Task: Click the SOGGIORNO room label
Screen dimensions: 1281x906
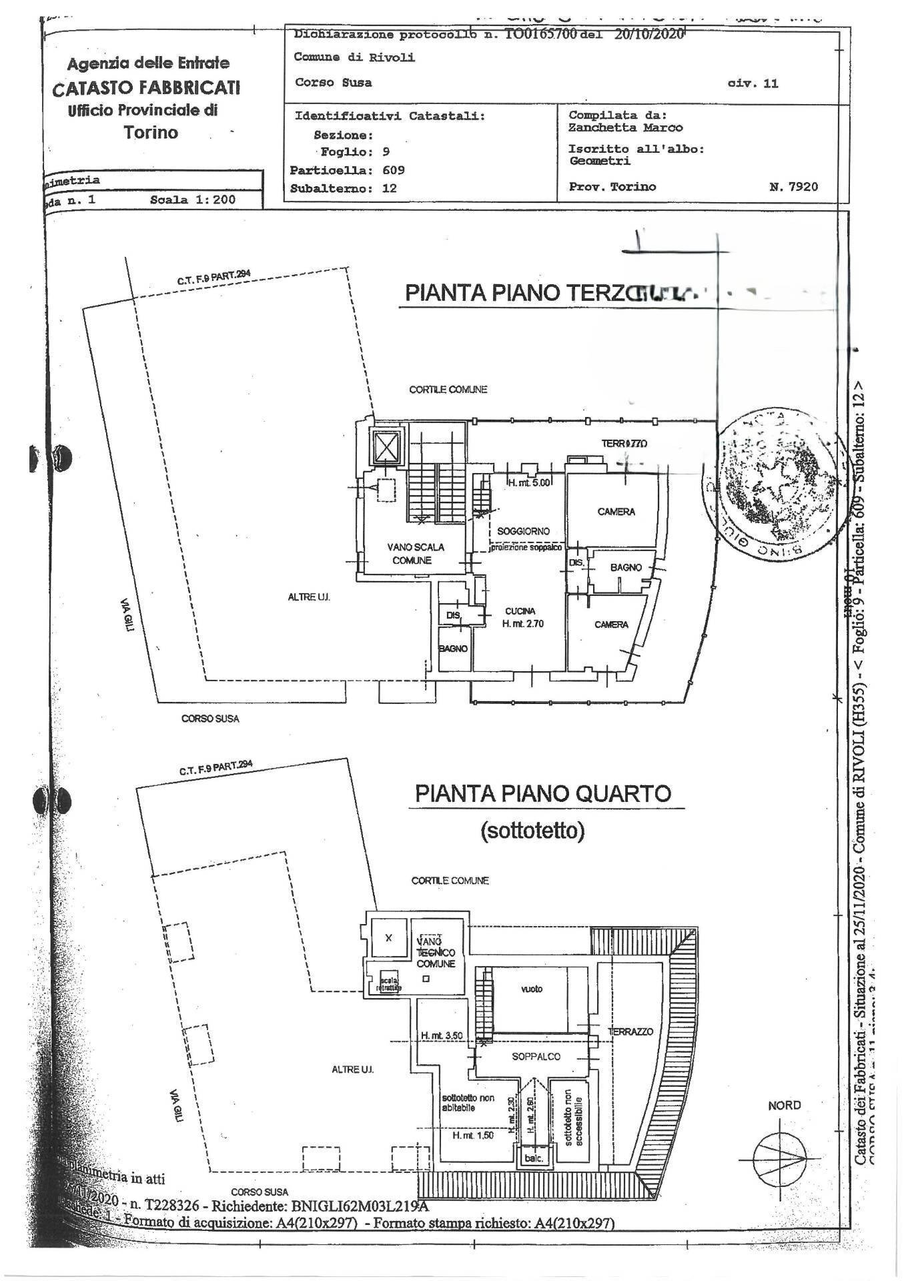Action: pos(524,531)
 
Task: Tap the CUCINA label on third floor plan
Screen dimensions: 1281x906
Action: pos(520,611)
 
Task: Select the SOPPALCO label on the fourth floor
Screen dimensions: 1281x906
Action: pos(536,1056)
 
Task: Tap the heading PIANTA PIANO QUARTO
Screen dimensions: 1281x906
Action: pos(542,794)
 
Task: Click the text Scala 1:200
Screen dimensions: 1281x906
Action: pos(192,199)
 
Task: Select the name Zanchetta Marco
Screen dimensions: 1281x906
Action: pos(625,127)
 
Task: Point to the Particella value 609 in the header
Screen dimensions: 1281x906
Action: pos(394,170)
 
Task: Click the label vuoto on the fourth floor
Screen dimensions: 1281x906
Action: pos(532,989)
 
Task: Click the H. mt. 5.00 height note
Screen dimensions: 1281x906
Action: pos(529,483)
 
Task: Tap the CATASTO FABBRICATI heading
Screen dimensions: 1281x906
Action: pos(147,87)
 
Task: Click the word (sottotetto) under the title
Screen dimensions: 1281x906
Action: pos(532,831)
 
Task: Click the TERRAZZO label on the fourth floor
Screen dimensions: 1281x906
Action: pos(630,1031)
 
